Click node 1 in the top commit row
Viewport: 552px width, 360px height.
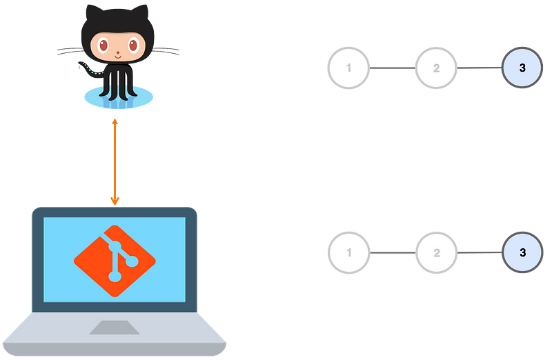[x=348, y=68]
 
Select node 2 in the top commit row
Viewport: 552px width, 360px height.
[x=436, y=68]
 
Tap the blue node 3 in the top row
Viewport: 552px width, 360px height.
[x=522, y=68]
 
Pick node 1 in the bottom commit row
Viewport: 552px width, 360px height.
[x=348, y=252]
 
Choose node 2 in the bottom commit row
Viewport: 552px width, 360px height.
[x=436, y=252]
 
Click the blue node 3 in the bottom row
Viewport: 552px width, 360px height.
[x=522, y=252]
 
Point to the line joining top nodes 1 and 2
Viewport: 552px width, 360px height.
[x=393, y=68]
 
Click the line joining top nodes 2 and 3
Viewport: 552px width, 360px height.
[x=480, y=68]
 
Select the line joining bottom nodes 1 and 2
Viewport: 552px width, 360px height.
[x=393, y=252]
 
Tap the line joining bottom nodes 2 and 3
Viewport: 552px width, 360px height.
[x=480, y=252]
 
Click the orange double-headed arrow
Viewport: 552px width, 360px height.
[x=115, y=162]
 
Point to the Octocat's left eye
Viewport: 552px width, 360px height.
[x=103, y=45]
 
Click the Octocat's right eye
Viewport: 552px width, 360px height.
[x=132, y=45]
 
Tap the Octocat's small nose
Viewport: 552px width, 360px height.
[x=118, y=54]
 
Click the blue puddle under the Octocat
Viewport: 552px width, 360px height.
[x=119, y=97]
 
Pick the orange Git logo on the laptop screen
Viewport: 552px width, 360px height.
[x=115, y=261]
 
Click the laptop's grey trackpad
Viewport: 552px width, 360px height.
[x=115, y=328]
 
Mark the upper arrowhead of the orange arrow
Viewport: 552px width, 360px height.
[x=115, y=122]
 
